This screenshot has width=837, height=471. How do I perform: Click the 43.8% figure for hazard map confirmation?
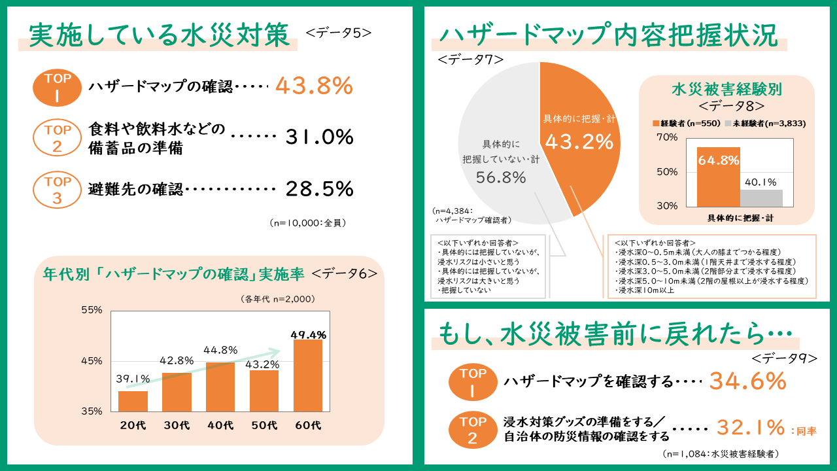(314, 86)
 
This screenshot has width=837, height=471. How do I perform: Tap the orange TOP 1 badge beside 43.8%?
(57, 87)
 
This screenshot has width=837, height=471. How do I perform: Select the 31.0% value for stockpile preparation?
(319, 137)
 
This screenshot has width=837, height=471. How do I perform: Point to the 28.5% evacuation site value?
(319, 189)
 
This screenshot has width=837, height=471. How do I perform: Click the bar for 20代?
(133, 401)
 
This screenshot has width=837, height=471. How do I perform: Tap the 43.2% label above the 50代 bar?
(264, 364)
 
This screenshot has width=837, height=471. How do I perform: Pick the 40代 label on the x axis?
(220, 425)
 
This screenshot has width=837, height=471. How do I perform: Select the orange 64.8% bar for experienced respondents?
(718, 177)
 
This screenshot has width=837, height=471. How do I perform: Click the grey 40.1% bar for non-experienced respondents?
(761, 198)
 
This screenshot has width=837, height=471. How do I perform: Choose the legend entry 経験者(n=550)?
(687, 123)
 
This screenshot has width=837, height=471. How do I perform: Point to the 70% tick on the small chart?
(667, 138)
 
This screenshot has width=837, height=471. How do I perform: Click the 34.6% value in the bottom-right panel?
(747, 381)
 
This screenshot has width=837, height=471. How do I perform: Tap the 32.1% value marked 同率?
(750, 428)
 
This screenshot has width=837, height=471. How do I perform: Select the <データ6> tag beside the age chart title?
(345, 274)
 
